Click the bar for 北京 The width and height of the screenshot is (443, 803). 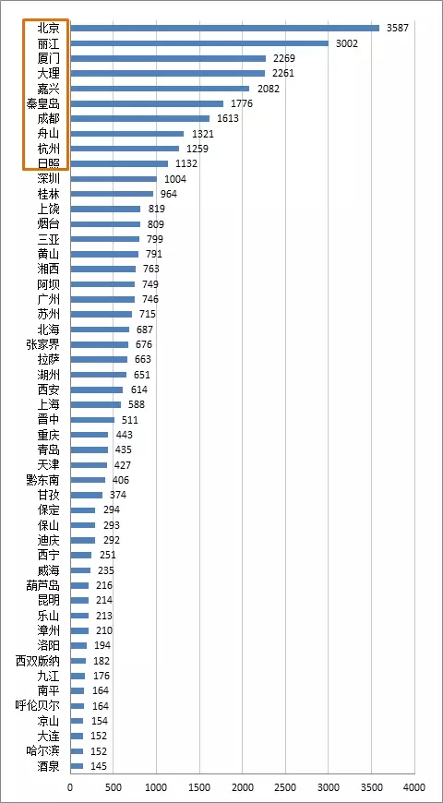click(x=225, y=29)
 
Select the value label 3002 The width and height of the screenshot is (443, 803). click(x=347, y=43)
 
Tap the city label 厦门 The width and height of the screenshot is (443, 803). click(x=49, y=58)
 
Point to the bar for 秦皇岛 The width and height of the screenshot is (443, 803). click(x=147, y=103)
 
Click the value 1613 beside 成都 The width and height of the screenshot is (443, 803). click(x=228, y=118)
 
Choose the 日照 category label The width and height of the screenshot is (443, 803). click(x=49, y=164)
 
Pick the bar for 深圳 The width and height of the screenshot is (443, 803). click(x=114, y=179)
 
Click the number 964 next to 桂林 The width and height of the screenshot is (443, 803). click(x=169, y=194)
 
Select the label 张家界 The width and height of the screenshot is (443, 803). click(x=43, y=344)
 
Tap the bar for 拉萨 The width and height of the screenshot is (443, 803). click(x=99, y=360)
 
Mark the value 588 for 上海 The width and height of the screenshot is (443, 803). click(x=137, y=404)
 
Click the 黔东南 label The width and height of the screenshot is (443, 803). click(x=43, y=480)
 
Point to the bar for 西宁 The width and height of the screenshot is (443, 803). click(x=81, y=555)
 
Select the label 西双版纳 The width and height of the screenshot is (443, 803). click(x=38, y=661)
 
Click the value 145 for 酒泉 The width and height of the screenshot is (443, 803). click(x=99, y=766)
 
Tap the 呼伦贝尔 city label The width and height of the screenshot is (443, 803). click(x=38, y=706)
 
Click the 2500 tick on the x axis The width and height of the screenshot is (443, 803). click(x=286, y=786)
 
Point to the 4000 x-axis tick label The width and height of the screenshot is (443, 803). click(x=414, y=786)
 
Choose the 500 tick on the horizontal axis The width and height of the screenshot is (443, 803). click(x=114, y=786)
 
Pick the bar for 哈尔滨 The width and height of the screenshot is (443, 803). click(x=78, y=751)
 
